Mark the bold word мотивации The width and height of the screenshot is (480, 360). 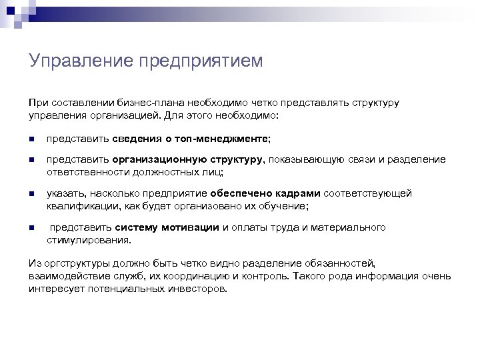(x=193, y=227)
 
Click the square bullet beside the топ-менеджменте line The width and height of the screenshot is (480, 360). (x=31, y=139)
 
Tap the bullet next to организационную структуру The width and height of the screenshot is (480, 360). (x=31, y=161)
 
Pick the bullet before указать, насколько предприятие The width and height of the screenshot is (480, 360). (x=31, y=194)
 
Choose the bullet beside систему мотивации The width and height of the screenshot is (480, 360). (x=31, y=228)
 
